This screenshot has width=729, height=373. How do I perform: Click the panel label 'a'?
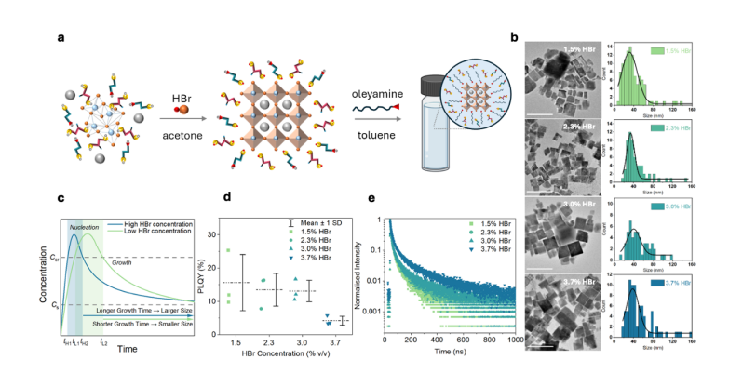coord(60,38)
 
